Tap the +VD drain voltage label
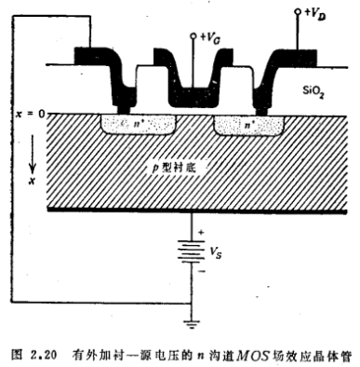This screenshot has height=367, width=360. [313, 16]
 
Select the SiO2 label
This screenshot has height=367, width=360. [314, 91]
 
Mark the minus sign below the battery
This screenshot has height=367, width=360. [202, 274]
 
